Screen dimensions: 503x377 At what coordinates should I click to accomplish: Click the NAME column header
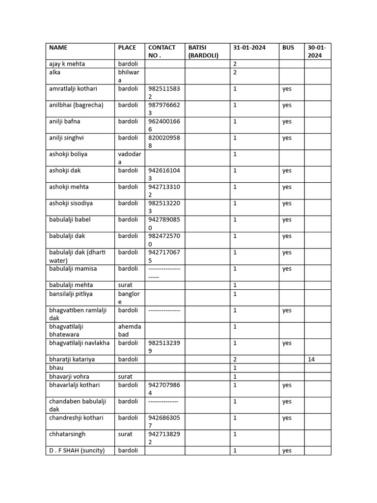click(x=58, y=48)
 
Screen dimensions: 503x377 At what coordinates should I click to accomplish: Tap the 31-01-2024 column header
click(x=249, y=48)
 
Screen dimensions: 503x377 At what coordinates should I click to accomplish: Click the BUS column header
click(x=288, y=48)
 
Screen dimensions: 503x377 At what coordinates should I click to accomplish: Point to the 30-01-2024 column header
click(x=317, y=52)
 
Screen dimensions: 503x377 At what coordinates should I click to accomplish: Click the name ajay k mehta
click(x=67, y=64)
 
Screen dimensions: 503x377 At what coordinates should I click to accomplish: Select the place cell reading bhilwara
click(x=129, y=76)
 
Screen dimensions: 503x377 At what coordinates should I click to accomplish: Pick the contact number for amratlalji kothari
click(x=164, y=93)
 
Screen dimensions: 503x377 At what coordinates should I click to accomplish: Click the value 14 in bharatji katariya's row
click(x=312, y=360)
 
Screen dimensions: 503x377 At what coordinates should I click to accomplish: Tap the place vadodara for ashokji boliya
click(x=129, y=158)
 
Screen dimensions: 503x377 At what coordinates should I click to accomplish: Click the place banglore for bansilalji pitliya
click(x=129, y=298)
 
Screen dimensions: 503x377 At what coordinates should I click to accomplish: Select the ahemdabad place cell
click(x=129, y=331)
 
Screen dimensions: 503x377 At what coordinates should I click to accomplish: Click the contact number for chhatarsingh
click(x=164, y=438)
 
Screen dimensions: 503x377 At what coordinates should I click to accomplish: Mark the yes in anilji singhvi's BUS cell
click(x=287, y=138)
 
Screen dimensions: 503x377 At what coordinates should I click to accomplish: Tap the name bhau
click(x=56, y=368)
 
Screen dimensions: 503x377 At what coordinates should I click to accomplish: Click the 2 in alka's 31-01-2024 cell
click(x=235, y=72)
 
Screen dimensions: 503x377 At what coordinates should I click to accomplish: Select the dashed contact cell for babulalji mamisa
click(x=164, y=273)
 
